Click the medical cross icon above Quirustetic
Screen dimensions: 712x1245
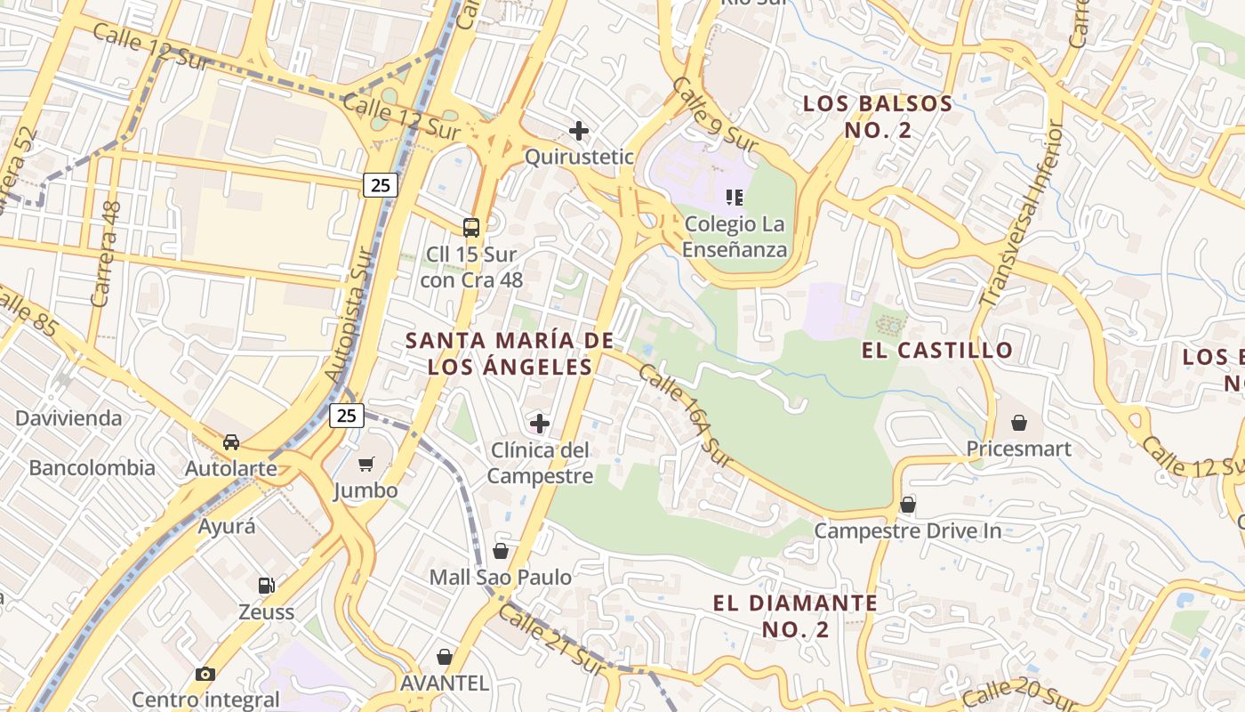[x=579, y=131]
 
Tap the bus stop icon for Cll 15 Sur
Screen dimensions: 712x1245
[x=471, y=228]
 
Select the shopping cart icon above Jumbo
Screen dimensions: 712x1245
[x=365, y=464]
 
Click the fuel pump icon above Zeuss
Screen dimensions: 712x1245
[x=266, y=585]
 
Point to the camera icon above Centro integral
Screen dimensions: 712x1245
[x=205, y=674]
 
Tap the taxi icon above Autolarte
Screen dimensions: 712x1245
[x=231, y=441]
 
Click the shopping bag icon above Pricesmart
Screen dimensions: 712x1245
[x=1019, y=422]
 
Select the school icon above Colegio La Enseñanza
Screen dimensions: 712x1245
[x=735, y=197]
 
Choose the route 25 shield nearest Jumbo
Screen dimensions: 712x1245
[x=347, y=415]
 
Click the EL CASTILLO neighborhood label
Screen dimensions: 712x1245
[x=937, y=350]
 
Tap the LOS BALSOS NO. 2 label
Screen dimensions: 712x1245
[x=878, y=117]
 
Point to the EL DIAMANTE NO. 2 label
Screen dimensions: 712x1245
[x=795, y=616]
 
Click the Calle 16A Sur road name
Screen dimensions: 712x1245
[x=684, y=416]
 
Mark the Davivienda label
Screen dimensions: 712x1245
[x=68, y=417]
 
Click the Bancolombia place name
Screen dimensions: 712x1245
[x=92, y=467]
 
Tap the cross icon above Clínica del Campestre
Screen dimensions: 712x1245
[x=540, y=423]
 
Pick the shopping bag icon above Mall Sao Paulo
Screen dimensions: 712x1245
[x=501, y=551]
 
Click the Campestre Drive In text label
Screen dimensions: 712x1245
[x=908, y=531]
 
